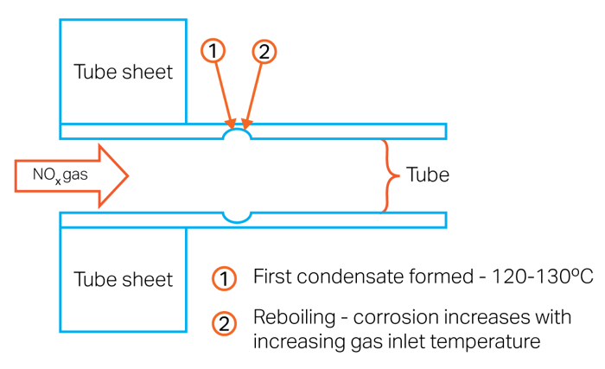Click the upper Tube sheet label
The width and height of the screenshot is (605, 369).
point(124,72)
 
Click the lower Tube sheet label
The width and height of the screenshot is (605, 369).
point(124,280)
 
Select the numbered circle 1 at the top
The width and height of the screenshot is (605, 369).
point(215,52)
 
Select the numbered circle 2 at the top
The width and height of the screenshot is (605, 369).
point(264,52)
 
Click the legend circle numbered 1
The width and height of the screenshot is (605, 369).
point(224,278)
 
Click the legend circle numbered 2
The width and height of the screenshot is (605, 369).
point(224,324)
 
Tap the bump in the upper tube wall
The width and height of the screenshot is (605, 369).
point(238,134)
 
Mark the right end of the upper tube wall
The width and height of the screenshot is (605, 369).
point(444,131)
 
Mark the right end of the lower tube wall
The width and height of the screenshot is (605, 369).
point(444,219)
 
